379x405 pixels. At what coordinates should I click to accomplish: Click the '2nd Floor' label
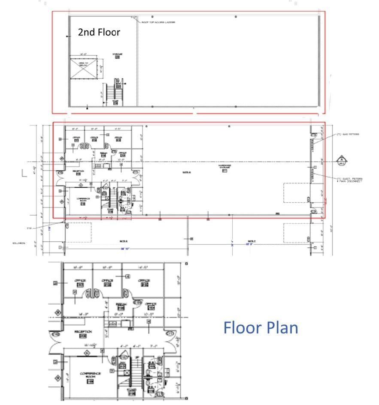[99, 32]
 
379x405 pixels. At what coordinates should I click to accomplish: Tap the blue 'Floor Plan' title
[261, 328]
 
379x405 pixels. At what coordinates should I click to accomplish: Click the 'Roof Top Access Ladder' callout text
[158, 22]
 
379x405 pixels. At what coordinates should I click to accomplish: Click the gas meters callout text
[348, 134]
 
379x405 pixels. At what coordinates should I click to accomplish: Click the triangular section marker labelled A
[342, 159]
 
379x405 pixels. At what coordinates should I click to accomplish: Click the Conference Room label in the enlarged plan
[90, 375]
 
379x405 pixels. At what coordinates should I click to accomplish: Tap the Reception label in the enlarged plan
[83, 332]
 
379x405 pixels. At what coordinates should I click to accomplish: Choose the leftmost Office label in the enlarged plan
[80, 281]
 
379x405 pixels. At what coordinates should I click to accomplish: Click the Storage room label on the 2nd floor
[117, 55]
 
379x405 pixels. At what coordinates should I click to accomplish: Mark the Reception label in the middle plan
[78, 171]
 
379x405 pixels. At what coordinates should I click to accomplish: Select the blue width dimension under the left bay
[125, 248]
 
